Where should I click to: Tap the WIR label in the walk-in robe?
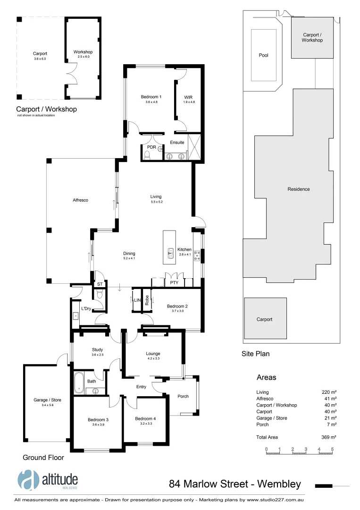(x=189, y=97)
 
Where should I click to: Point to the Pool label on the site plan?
(x=264, y=55)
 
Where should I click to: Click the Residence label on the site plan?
(x=299, y=189)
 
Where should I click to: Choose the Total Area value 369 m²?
(x=329, y=437)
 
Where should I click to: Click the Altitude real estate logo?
(x=47, y=481)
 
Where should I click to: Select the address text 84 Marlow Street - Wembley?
(x=234, y=484)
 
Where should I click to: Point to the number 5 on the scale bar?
(x=332, y=449)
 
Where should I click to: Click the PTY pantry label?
(x=167, y=283)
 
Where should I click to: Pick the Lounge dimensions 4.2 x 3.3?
(x=153, y=359)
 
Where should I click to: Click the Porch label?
(x=183, y=396)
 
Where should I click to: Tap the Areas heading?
(x=266, y=378)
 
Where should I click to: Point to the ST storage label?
(x=100, y=284)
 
